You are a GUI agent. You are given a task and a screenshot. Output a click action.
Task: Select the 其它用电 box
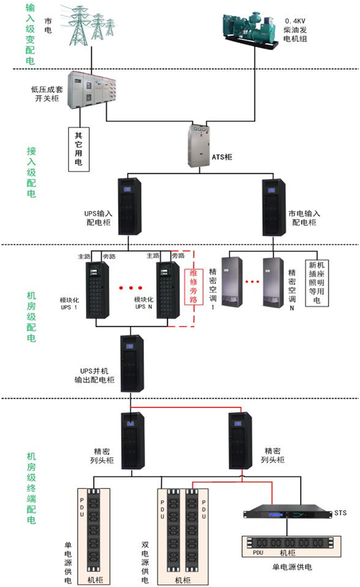(x=79, y=149)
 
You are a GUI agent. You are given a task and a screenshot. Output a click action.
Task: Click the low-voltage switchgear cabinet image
(x=92, y=91)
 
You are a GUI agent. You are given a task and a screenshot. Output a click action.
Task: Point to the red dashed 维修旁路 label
(x=193, y=286)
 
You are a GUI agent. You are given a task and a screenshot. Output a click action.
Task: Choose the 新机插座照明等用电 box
(x=317, y=283)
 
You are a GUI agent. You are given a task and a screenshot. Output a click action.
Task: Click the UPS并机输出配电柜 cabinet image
(x=132, y=363)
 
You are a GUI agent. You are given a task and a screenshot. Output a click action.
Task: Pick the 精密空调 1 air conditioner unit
(x=232, y=282)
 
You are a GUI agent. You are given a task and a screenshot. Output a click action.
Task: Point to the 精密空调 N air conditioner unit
(x=273, y=282)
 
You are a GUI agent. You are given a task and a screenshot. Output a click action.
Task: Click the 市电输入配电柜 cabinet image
(x=273, y=207)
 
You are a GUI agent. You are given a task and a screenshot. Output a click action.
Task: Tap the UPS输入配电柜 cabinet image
(x=130, y=207)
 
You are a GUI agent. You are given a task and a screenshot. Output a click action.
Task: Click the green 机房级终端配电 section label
(x=31, y=488)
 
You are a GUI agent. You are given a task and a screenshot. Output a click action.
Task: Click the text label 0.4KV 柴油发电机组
(x=295, y=30)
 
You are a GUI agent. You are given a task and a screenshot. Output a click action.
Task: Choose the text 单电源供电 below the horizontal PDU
(x=292, y=567)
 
